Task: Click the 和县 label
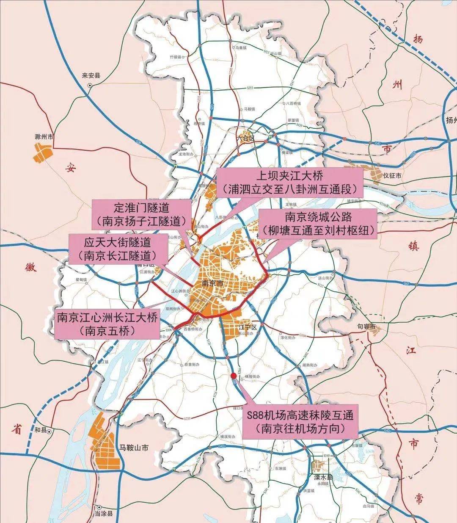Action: tap(41, 430)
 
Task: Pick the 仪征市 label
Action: tap(392, 175)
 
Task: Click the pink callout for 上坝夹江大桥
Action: tap(290, 182)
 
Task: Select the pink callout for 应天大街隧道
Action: tap(118, 249)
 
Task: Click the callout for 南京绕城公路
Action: tap(318, 223)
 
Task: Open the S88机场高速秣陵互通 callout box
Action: tap(300, 420)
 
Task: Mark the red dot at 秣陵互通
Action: tap(233, 376)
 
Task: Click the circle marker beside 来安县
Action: tap(90, 85)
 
